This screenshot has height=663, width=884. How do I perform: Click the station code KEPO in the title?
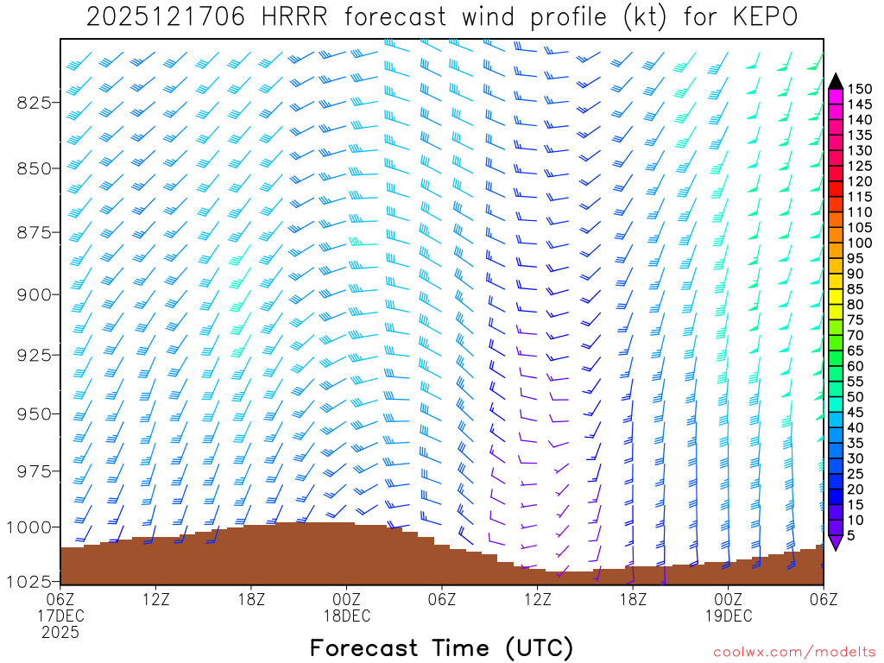tap(765, 16)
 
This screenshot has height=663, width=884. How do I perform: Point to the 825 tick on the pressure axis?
tap(35, 103)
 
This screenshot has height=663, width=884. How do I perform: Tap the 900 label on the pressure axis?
tap(35, 294)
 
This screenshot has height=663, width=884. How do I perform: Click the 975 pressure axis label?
tap(35, 470)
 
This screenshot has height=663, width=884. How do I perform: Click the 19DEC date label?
tap(728, 616)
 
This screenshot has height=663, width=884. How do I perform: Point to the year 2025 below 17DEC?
tap(60, 632)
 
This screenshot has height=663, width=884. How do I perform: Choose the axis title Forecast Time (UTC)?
tap(441, 647)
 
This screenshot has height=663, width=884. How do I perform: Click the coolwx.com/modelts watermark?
tap(794, 650)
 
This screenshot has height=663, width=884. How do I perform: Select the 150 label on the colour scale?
tap(860, 89)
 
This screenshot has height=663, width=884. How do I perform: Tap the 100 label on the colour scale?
tap(860, 243)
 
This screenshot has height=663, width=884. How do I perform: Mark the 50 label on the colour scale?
tap(856, 396)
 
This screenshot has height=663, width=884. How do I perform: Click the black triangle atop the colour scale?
tap(836, 81)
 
